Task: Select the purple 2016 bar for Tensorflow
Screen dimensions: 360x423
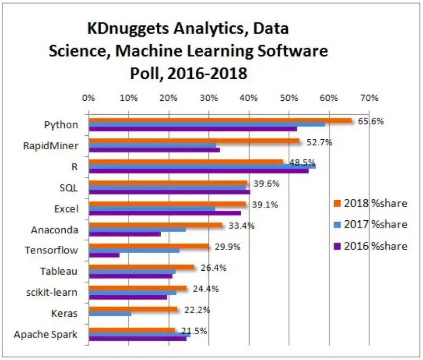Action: tap(104, 255)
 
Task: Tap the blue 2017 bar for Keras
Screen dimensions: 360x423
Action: tap(110, 314)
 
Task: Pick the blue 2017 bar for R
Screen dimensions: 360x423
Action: tap(202, 166)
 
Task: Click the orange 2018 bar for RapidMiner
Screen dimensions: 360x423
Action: tap(194, 141)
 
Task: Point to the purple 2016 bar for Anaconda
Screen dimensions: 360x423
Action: tap(125, 234)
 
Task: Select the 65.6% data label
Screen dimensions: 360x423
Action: tap(371, 121)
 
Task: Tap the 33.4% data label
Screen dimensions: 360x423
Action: tap(238, 226)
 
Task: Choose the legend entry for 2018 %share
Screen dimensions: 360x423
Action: tap(369, 203)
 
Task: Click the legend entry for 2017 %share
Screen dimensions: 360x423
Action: tap(369, 224)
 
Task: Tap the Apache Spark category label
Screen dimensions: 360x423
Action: tap(46, 335)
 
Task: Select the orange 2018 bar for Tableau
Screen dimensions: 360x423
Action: tap(141, 267)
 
